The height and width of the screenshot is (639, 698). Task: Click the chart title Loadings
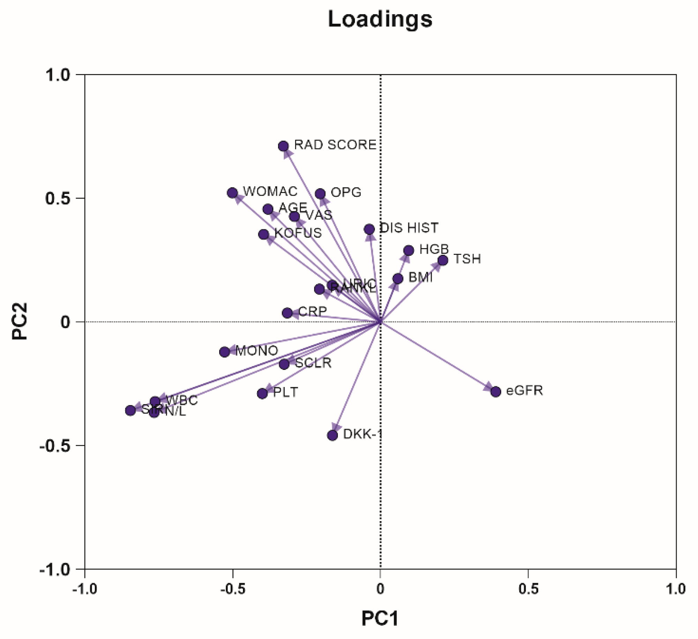pos(380,19)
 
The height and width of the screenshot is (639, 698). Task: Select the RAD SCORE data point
pos(283,146)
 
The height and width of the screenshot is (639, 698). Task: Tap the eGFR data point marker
pos(496,392)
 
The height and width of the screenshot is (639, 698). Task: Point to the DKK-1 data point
pos(333,435)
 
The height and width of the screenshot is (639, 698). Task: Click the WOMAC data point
pos(232,193)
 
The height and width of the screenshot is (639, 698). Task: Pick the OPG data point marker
pos(320,194)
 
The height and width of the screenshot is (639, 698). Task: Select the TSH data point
pos(443,260)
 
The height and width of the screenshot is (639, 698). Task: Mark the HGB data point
pos(409,250)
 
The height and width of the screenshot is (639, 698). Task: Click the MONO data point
pos(225,352)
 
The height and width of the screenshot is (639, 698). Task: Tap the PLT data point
pos(262,394)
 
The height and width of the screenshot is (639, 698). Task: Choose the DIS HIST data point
pos(369,229)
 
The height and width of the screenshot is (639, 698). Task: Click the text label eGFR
pos(525,391)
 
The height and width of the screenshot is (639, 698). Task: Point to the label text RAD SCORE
pos(335,145)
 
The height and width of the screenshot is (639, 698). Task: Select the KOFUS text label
pos(298,233)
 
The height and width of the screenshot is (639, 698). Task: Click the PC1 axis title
pos(380,619)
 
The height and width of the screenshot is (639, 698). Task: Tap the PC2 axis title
pos(20,321)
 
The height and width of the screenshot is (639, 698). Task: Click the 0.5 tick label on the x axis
pos(528,589)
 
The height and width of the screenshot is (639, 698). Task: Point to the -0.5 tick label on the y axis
pos(55,446)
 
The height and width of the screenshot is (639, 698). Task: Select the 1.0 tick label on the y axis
pos(58,75)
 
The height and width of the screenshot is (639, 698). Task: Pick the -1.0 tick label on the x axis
pos(85,589)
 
